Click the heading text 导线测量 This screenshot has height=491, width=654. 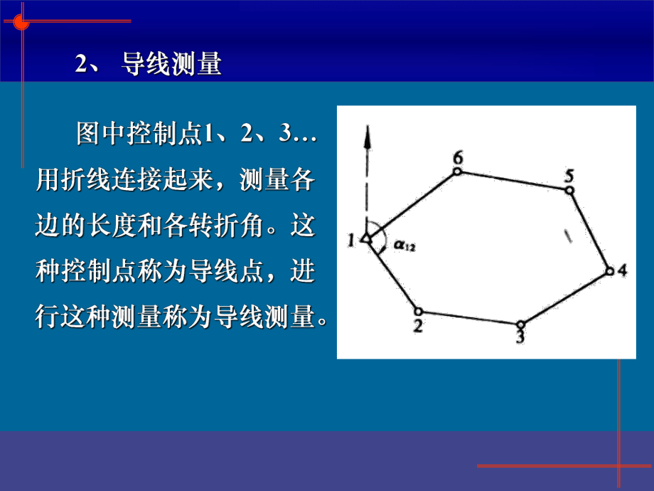pos(172,65)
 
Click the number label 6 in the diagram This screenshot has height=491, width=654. pos(457,157)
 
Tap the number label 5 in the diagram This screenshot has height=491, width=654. pos(569,174)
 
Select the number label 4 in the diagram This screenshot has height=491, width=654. pos(623,270)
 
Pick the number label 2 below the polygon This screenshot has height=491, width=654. pos(418,326)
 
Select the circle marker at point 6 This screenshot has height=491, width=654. pos(457,171)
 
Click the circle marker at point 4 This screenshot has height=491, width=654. pos(609,270)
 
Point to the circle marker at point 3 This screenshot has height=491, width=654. pos(520,324)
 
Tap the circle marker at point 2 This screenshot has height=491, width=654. pos(418,311)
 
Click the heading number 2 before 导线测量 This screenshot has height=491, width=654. pos(80,65)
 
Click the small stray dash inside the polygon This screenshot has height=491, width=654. pos(567,236)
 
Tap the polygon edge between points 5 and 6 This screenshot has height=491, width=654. pos(513,180)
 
